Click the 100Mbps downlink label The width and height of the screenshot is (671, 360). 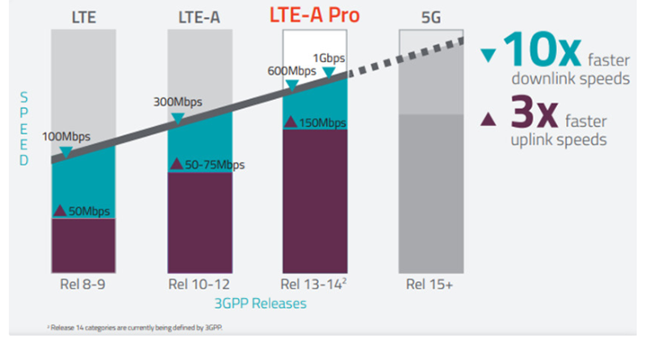[65, 137]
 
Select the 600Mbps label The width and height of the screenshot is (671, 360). [291, 70]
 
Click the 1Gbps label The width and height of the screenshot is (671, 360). [329, 57]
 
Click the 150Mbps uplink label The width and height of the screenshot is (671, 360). [322, 123]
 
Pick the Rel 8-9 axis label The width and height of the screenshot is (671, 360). [82, 284]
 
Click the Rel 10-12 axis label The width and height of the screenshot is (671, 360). [199, 284]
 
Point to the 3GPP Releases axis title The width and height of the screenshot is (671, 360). [263, 303]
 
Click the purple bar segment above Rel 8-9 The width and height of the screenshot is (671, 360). [82, 243]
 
